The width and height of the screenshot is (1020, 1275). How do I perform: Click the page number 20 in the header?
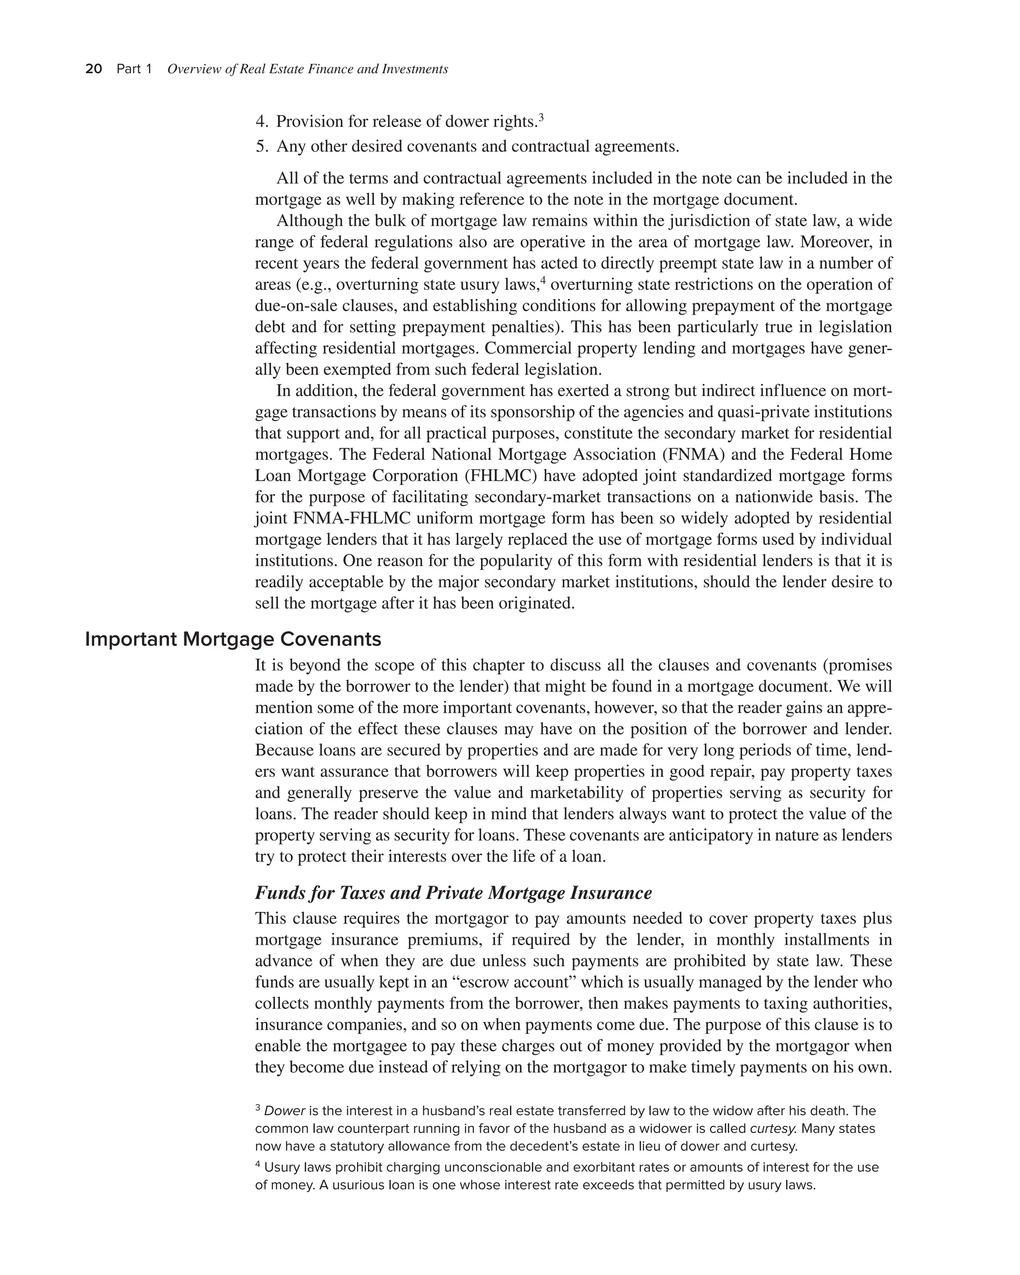[x=94, y=69]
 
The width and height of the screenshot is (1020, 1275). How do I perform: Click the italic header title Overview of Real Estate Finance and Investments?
[x=307, y=69]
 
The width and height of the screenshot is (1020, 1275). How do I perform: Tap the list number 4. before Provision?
[x=262, y=122]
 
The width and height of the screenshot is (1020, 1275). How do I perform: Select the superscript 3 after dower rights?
[x=541, y=117]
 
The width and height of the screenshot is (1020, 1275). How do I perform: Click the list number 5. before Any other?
[x=262, y=146]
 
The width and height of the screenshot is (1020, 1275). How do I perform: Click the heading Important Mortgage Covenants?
[x=233, y=639]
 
